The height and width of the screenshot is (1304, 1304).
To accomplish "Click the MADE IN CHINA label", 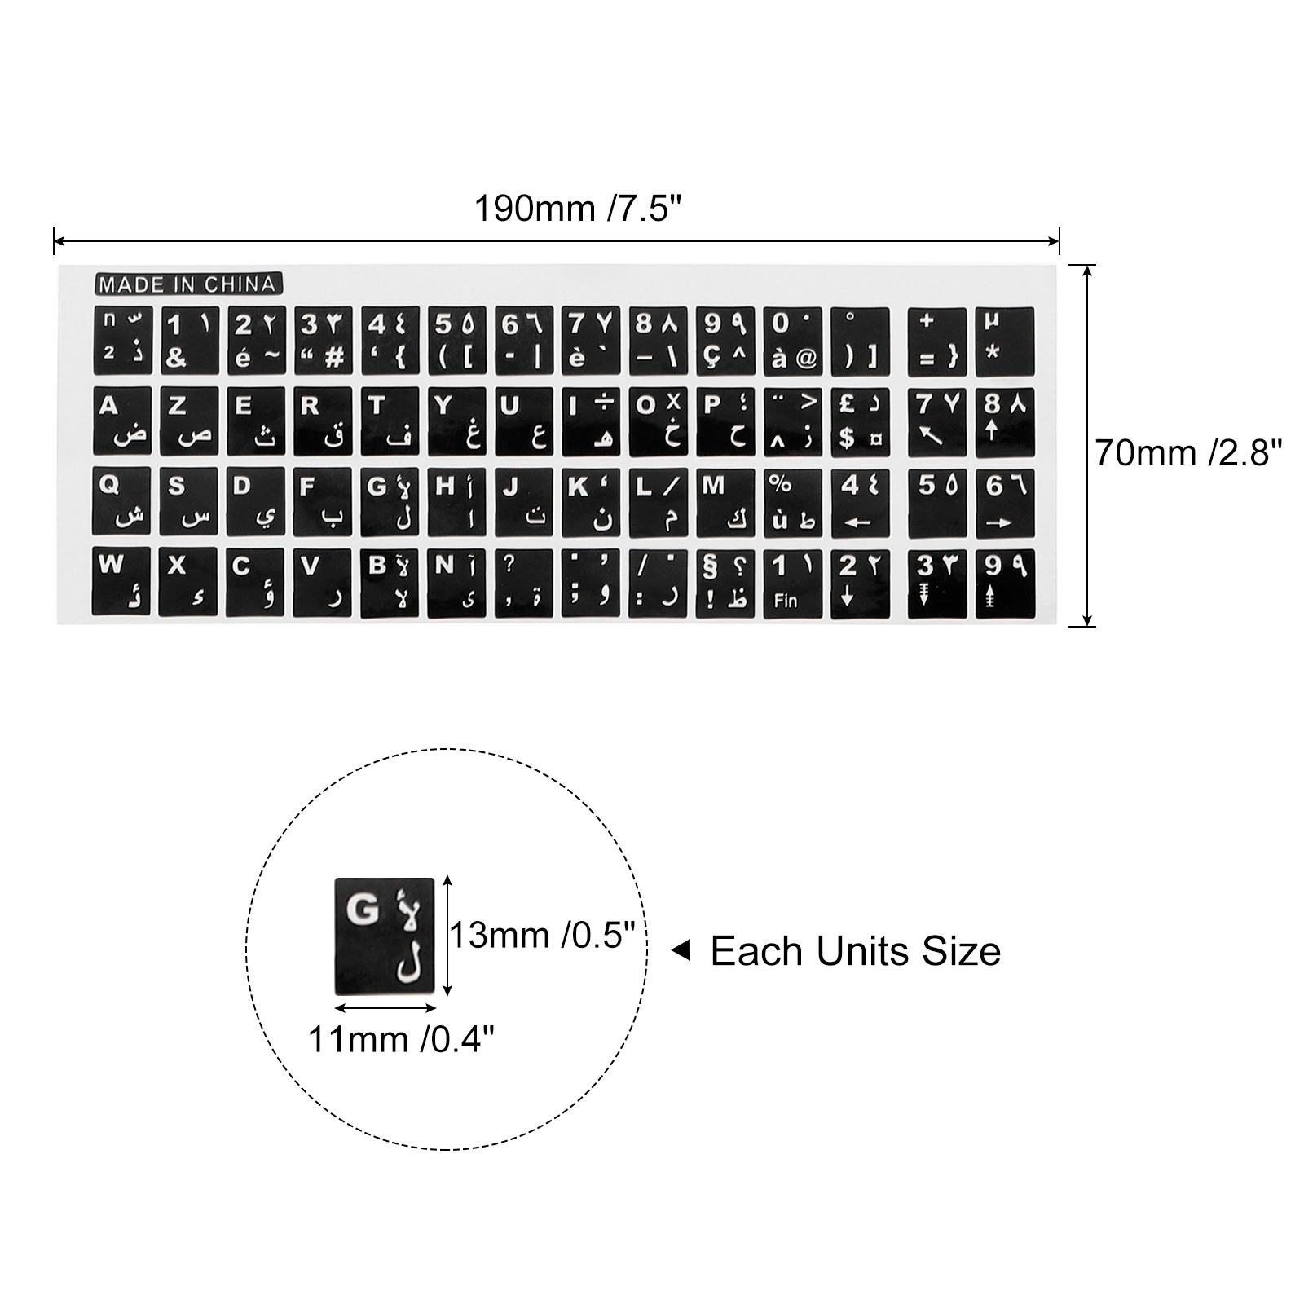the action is point(188,284).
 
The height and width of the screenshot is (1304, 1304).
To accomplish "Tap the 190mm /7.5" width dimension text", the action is point(577,209).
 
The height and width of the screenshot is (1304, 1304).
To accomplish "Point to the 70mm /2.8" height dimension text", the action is point(1188,453).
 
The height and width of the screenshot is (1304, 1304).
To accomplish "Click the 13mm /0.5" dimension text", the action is point(543,936).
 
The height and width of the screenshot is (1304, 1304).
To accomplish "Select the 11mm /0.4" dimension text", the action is point(401,1039).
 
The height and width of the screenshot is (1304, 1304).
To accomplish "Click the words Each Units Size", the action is point(855,951).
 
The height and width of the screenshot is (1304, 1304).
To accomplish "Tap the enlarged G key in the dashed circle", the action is point(384,936).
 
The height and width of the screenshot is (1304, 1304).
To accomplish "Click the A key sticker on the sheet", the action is point(122,421).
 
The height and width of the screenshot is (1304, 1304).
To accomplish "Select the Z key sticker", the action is point(189,421).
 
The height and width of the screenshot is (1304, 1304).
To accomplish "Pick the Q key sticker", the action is point(122,500).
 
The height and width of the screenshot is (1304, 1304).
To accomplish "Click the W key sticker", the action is point(122,581).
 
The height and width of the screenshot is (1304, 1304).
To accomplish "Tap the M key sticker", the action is point(725,500).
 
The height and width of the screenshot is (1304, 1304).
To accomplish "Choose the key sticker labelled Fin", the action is point(792,581).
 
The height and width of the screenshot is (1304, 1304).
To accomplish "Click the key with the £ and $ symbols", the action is point(860,421).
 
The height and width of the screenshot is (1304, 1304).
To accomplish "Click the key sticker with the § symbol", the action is point(725,581).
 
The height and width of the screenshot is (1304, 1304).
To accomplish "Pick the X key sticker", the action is point(189,581).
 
